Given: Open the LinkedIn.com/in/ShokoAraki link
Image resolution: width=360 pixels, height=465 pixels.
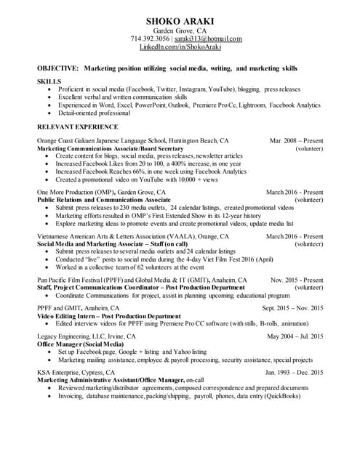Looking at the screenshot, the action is pyautogui.click(x=180, y=46).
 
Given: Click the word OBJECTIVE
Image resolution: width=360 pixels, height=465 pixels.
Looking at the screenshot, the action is pyautogui.click(x=57, y=67).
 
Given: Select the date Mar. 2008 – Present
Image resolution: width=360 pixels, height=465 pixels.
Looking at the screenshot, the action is pyautogui.click(x=296, y=140).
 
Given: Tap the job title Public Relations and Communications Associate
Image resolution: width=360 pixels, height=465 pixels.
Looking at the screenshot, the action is pyautogui.click(x=103, y=199).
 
